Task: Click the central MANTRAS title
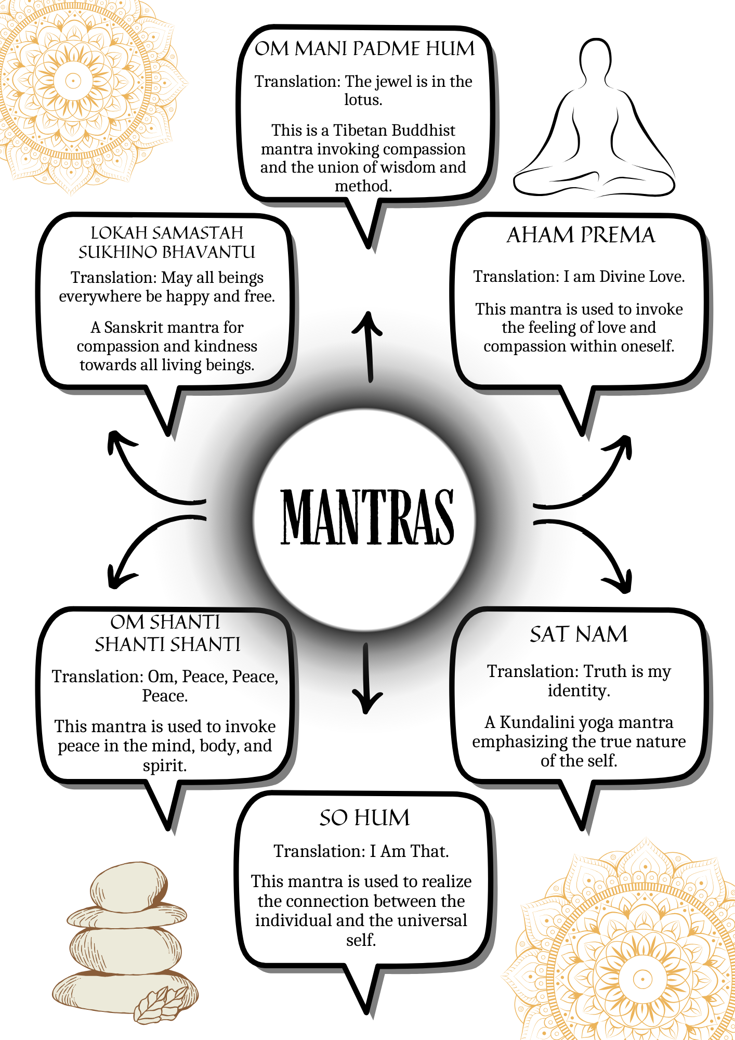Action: pos(367,517)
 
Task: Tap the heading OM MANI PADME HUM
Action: pos(364,49)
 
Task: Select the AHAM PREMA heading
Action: pos(581,235)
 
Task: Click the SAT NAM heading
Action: pos(579,634)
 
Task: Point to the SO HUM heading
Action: pos(364,818)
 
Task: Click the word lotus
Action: pos(362,100)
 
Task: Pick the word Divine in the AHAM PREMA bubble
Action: pos(619,277)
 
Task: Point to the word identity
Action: pos(578,691)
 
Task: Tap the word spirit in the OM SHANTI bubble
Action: pos(164,765)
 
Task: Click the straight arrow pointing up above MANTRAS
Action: pos(369,346)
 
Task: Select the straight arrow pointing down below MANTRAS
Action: pos(366,679)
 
